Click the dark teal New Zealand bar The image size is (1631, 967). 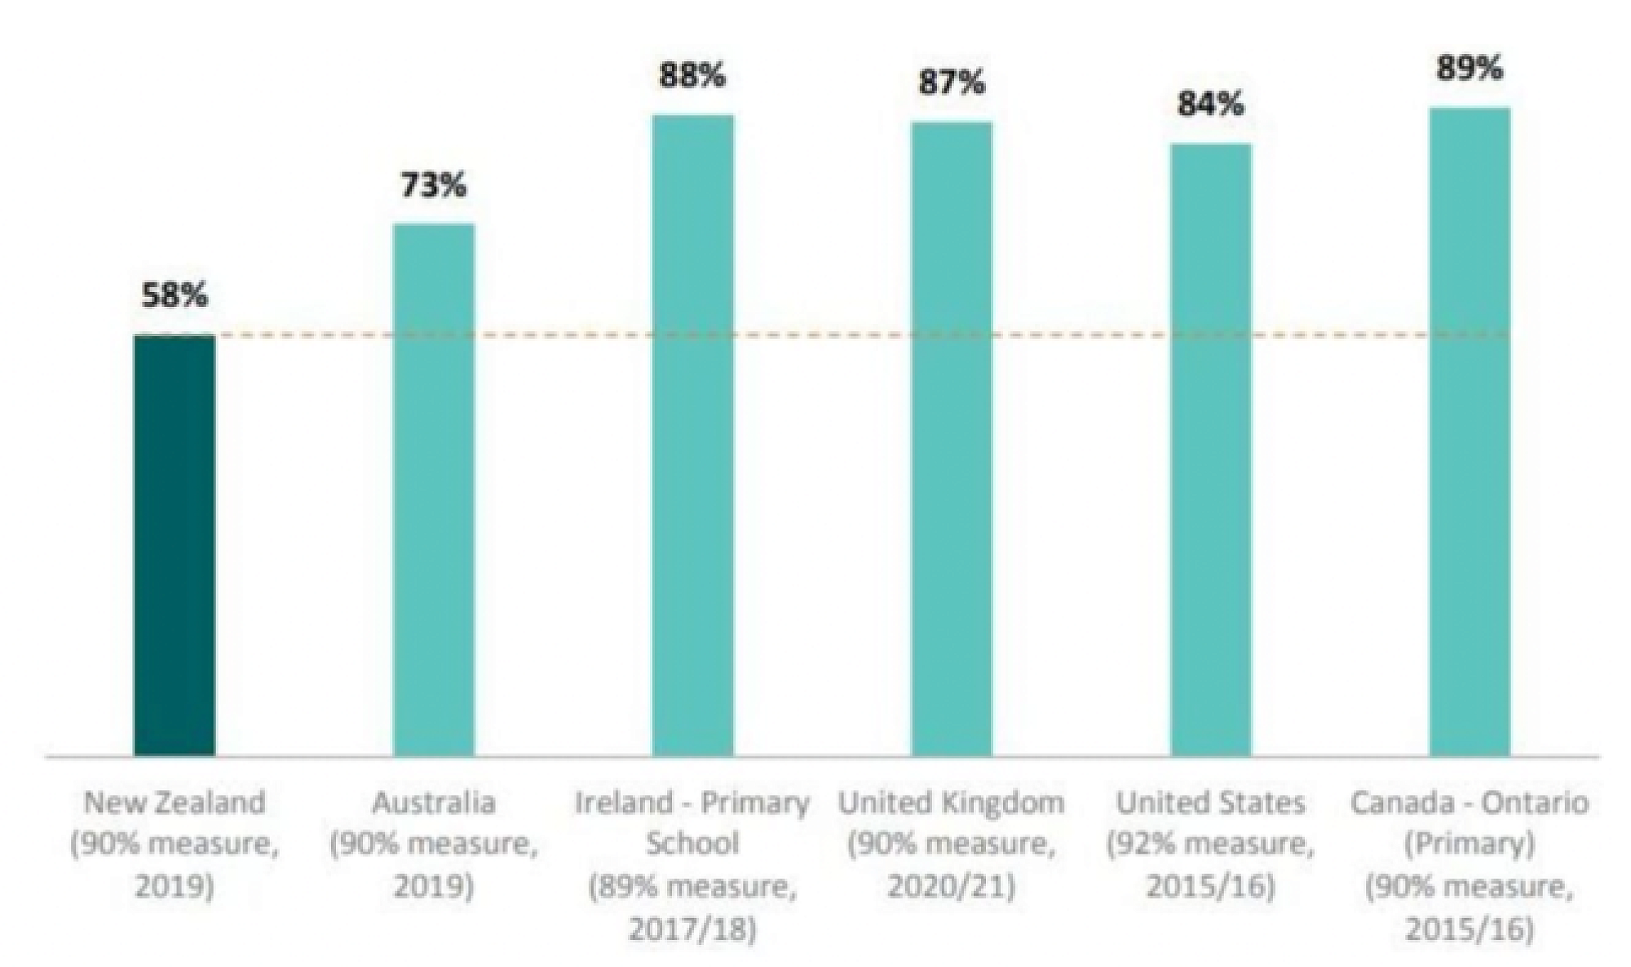pyautogui.click(x=175, y=544)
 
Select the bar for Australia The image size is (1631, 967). pyautogui.click(x=434, y=489)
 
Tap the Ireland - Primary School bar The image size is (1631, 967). pyautogui.click(x=692, y=434)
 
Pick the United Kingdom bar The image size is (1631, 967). pyautogui.click(x=952, y=438)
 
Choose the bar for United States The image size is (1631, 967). pyautogui.click(x=1211, y=449)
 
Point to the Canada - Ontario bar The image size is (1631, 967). pyautogui.click(x=1470, y=431)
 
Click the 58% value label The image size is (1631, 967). pyautogui.click(x=175, y=295)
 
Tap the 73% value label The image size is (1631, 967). pyautogui.click(x=433, y=185)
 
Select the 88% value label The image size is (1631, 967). pyautogui.click(x=692, y=76)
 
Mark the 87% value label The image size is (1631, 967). pyautogui.click(x=952, y=83)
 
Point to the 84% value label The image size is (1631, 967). pyautogui.click(x=1210, y=104)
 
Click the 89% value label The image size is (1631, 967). pyautogui.click(x=1470, y=69)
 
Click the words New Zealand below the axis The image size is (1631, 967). pyautogui.click(x=175, y=802)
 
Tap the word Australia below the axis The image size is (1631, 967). pyautogui.click(x=434, y=802)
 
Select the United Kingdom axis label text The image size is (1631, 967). pyautogui.click(x=952, y=802)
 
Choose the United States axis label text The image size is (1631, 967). pyautogui.click(x=1210, y=802)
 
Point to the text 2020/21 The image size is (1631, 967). pyautogui.click(x=952, y=887)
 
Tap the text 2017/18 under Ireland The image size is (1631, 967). pyautogui.click(x=692, y=929)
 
